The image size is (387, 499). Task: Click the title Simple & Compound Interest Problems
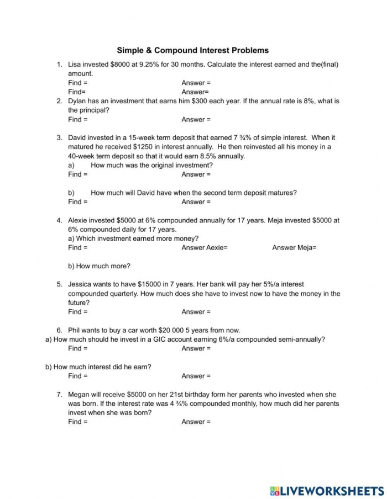tap(192, 50)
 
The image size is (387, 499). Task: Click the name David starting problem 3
tap(79, 137)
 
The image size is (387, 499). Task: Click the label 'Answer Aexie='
tap(204, 248)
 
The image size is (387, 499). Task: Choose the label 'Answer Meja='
tap(294, 248)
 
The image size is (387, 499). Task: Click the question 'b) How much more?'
tap(99, 266)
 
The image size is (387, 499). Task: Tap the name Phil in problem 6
tap(75, 330)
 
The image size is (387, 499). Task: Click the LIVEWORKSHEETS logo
tap(326, 491)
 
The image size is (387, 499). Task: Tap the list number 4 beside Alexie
tap(59, 220)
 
